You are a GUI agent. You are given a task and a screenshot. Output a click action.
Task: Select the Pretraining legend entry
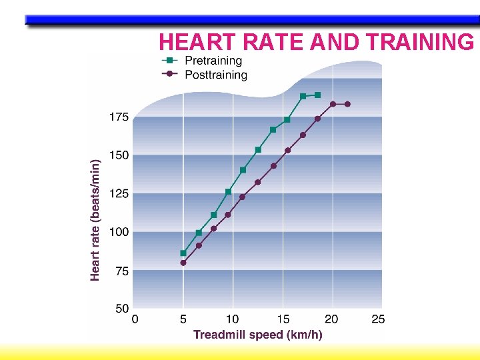(213, 61)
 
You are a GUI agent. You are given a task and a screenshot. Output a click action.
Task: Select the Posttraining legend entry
(215, 75)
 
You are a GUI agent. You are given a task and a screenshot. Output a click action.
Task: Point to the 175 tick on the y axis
(119, 117)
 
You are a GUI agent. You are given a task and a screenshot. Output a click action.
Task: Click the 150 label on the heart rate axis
(119, 155)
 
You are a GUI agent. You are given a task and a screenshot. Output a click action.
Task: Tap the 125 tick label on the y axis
(119, 194)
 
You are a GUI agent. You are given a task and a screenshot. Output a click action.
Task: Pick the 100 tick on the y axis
(119, 232)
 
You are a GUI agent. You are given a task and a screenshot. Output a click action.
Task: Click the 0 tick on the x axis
(135, 319)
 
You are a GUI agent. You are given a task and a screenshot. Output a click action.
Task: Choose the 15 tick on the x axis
(282, 319)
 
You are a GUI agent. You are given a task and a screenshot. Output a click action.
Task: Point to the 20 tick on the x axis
(331, 319)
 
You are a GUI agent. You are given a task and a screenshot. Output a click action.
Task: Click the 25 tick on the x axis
(377, 319)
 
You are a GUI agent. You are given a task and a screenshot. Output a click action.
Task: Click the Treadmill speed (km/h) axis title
(257, 335)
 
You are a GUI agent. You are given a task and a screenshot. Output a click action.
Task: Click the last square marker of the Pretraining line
(317, 95)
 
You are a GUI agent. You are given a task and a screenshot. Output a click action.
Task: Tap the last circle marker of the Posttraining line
(347, 104)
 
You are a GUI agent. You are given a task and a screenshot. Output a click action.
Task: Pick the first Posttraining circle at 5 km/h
(183, 263)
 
